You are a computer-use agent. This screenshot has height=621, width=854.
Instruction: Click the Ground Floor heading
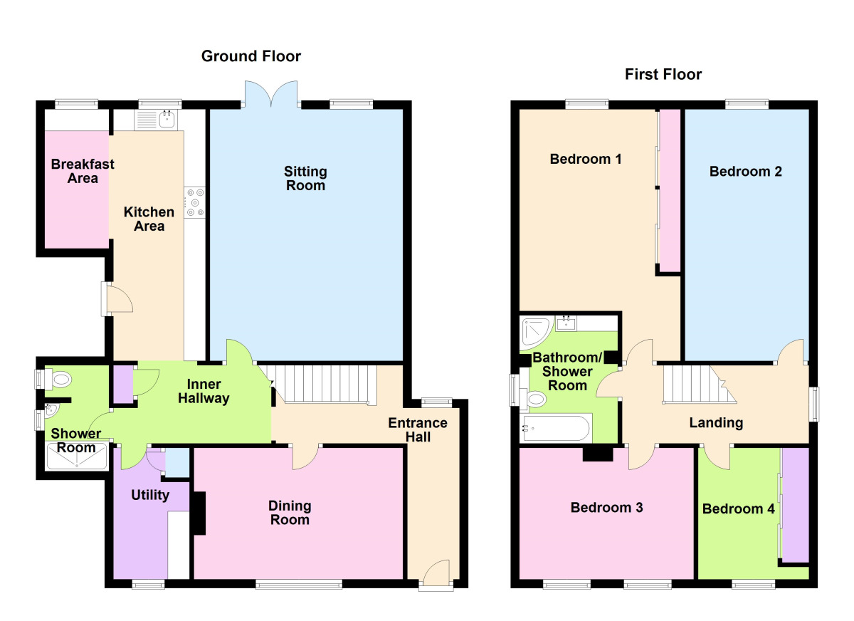(251, 56)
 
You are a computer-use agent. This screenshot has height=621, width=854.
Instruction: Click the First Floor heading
(663, 74)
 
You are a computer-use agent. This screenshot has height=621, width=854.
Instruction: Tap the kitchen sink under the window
(156, 119)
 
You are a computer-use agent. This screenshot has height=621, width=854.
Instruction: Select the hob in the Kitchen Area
(194, 202)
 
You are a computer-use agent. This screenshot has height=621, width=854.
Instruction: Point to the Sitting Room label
(305, 179)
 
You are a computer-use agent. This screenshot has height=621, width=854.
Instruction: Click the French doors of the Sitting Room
(271, 94)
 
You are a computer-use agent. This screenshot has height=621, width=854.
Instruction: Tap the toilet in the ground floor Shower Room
(58, 379)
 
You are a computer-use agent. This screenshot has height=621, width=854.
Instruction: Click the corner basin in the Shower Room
(51, 411)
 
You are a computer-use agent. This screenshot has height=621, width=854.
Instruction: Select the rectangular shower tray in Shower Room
(77, 456)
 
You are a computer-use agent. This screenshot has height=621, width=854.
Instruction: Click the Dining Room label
(290, 513)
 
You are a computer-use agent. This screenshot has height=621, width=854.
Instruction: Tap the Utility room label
(150, 495)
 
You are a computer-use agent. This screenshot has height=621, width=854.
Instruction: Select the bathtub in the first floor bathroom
(557, 428)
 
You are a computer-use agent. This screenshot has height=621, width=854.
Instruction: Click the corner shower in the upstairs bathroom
(536, 333)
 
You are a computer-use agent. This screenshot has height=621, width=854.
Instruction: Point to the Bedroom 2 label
(745, 172)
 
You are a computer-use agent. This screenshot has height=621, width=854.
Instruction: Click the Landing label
(716, 422)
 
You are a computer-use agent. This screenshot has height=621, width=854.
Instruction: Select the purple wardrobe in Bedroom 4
(795, 505)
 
